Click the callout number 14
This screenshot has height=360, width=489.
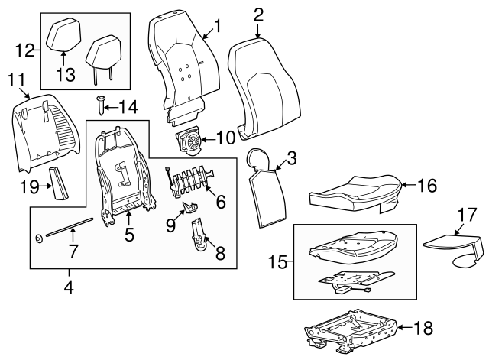128,108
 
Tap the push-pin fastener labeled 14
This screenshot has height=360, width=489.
101,105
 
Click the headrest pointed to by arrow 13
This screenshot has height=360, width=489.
64,34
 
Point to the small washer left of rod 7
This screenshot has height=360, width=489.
39,239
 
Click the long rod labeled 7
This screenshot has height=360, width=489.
70,227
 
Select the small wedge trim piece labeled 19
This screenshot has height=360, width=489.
58,183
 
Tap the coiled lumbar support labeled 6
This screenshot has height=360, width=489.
190,180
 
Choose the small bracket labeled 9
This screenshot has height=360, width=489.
190,206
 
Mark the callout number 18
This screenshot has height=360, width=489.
423,328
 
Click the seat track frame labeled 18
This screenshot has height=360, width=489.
351,331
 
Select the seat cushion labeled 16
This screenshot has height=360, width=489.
355,193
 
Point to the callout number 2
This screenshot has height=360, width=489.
258,15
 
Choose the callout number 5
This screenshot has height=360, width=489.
129,235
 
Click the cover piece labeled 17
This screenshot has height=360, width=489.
454,248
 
